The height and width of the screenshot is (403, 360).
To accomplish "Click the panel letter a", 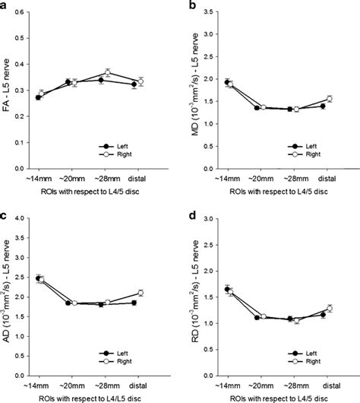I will (x=7, y=5).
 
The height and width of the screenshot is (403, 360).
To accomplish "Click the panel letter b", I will (x=191, y=5).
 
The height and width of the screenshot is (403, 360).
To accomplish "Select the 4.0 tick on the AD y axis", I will (x=21, y=219).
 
